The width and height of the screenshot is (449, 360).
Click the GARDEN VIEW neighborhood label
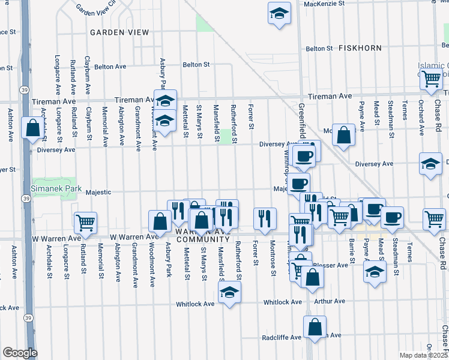[x=119, y=32]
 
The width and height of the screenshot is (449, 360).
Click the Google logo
[x=20, y=353]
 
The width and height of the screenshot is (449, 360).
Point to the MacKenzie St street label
[x=324, y=4]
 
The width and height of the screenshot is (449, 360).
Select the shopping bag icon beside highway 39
[x=32, y=128]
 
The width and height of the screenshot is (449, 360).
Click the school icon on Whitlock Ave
[x=228, y=293]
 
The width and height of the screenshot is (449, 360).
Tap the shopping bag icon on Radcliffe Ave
[x=315, y=327]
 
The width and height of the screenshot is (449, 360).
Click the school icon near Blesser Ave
[x=375, y=272]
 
